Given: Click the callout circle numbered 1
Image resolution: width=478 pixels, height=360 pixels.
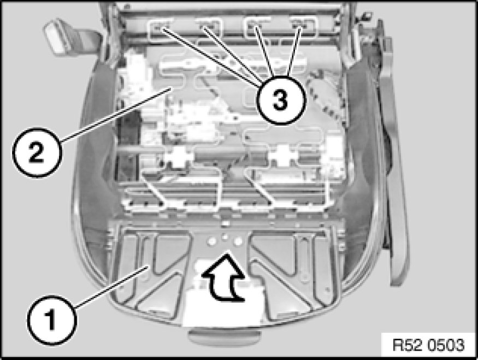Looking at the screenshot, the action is (x=52, y=320).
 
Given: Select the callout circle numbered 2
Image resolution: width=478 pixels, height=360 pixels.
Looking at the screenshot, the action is (x=37, y=152).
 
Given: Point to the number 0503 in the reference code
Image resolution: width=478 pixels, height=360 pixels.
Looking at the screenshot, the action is (x=446, y=345).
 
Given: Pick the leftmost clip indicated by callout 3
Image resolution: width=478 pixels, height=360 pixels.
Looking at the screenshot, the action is (x=158, y=28).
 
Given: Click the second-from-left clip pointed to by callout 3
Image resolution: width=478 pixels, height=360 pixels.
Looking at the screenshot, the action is (x=204, y=27).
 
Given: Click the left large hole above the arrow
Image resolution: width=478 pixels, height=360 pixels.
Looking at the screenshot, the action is (x=210, y=241).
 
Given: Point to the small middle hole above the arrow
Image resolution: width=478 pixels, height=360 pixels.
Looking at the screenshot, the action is (x=225, y=237).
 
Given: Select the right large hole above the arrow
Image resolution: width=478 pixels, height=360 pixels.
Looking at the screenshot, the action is (x=238, y=241).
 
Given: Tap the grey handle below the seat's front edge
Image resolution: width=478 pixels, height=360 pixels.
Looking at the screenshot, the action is (x=225, y=338).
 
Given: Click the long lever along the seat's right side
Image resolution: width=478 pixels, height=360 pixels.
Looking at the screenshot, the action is (x=393, y=152).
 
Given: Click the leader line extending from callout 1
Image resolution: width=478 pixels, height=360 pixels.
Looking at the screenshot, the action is (x=111, y=287).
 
